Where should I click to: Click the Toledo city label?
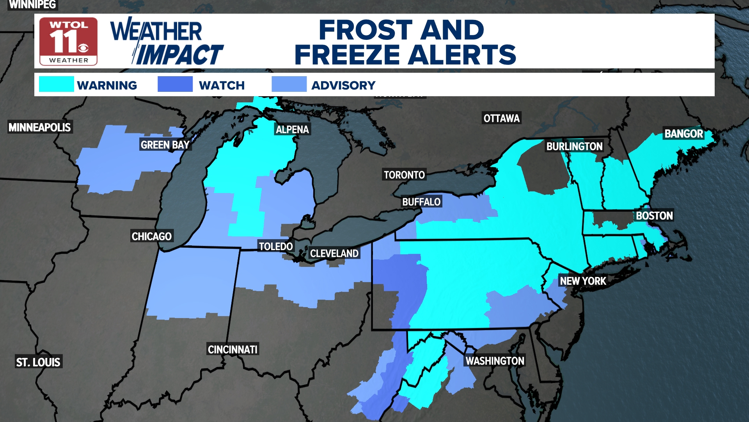[276, 247]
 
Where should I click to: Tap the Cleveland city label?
[334, 254]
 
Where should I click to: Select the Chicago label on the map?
[151, 236]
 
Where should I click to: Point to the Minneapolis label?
[40, 127]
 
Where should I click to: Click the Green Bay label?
[165, 145]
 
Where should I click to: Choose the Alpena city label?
[292, 130]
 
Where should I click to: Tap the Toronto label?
[404, 175]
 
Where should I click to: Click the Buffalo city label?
[421, 202]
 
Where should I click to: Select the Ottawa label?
[501, 118]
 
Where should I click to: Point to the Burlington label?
[574, 147]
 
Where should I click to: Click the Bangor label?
[683, 134]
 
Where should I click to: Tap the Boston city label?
[654, 216]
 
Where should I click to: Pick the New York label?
[583, 281]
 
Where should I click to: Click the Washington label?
[495, 361]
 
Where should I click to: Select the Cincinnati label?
[233, 349]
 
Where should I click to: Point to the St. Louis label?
[38, 362]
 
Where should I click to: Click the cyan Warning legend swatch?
[56, 84]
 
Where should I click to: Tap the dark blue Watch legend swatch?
[175, 84]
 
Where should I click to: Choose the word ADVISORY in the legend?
[343, 86]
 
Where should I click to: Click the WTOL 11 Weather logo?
[68, 41]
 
